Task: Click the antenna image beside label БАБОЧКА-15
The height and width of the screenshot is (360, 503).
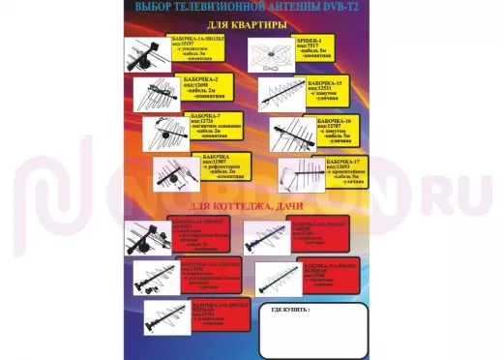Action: tap(281, 93)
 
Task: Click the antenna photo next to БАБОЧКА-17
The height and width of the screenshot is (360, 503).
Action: tap(301, 174)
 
